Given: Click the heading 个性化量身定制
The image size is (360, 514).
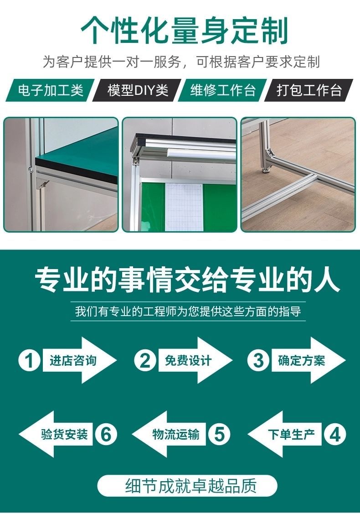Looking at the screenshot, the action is [x=185, y=31].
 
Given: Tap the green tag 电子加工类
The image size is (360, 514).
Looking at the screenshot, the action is [x=50, y=90].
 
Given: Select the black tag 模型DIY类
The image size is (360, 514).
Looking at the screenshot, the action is [x=137, y=90].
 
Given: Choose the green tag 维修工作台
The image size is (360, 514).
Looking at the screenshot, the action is [x=223, y=90].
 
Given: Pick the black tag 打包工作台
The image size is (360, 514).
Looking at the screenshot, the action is [x=309, y=90].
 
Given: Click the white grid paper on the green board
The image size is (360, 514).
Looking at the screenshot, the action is [x=184, y=207].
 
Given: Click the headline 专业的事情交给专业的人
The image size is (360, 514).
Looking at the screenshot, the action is [x=187, y=280].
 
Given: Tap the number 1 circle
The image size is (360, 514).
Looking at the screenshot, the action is [x=30, y=360].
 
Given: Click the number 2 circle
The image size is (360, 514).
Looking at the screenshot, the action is [x=145, y=360].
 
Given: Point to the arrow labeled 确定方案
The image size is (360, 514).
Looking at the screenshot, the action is [x=309, y=360].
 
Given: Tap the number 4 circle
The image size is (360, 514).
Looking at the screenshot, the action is [x=335, y=434].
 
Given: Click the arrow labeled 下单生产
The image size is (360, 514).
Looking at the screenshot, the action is [x=285, y=434].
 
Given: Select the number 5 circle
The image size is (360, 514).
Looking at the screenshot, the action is [x=219, y=434].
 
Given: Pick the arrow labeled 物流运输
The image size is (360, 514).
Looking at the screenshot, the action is [x=169, y=434].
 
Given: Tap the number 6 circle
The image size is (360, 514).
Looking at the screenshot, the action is [x=106, y=434].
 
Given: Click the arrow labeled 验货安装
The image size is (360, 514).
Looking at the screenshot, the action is [x=56, y=434].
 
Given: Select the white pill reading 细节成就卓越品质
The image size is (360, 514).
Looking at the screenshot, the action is [x=187, y=486].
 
